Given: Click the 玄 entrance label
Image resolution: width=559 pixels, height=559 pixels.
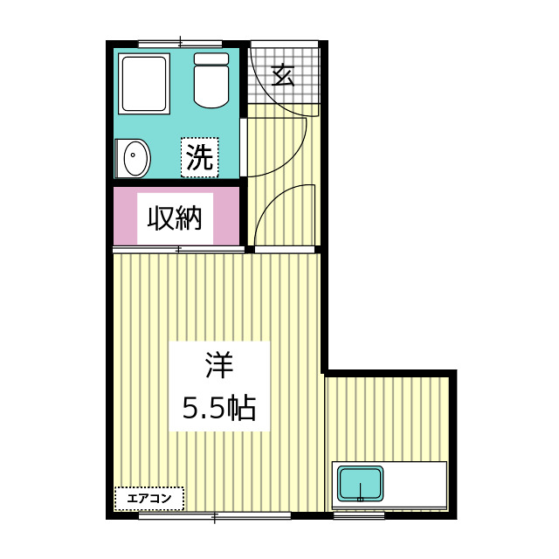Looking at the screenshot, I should click(282, 75).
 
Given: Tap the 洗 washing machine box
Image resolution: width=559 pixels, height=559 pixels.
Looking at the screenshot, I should click(200, 157).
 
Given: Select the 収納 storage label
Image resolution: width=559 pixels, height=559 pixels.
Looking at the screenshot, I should click(175, 217).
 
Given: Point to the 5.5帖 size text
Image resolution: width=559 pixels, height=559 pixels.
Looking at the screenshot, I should click(218, 407).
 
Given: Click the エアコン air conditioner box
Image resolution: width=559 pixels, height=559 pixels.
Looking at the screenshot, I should click(149, 499).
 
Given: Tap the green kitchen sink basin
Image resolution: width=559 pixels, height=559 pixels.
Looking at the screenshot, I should click(361, 484).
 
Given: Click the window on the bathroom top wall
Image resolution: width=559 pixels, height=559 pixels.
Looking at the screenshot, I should click(180, 42).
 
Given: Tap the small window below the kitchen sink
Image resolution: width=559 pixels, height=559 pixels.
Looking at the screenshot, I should click(359, 516).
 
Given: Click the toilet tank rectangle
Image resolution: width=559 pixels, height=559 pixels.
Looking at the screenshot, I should click(211, 59).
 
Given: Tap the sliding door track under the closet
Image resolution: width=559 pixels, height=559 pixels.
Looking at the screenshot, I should click(178, 250).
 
